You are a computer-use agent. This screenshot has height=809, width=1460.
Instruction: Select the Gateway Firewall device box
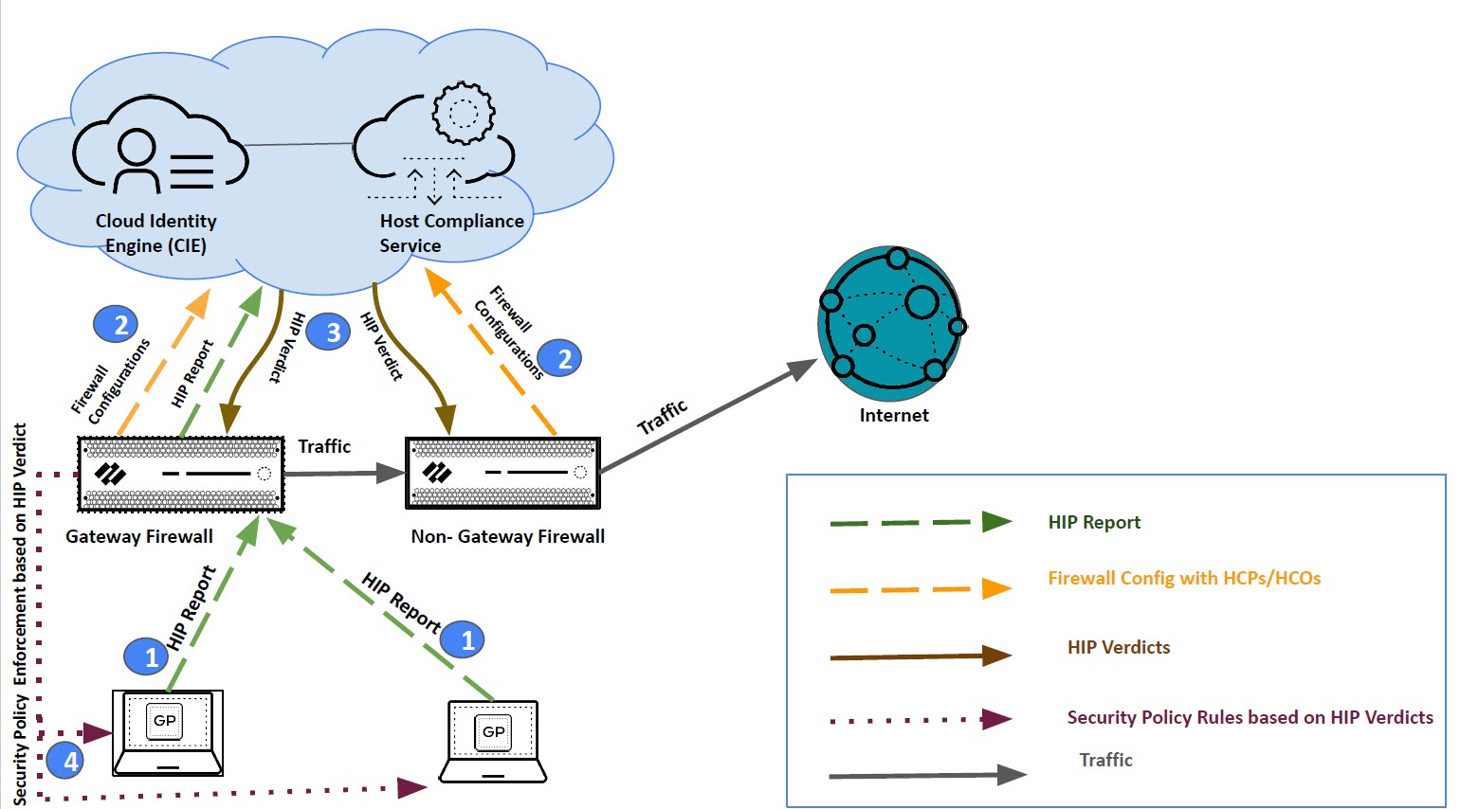(180, 474)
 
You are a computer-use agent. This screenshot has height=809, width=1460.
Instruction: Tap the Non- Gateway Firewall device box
(502, 473)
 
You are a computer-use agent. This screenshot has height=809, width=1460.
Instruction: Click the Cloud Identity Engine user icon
(137, 161)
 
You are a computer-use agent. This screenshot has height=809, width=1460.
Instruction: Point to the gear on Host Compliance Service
(463, 113)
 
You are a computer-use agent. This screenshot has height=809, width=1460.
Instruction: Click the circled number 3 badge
(332, 333)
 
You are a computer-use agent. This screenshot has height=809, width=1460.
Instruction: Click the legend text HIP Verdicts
(1119, 648)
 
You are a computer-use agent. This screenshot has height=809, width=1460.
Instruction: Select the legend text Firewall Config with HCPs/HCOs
(1184, 579)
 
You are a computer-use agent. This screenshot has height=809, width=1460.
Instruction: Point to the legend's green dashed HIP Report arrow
(920, 522)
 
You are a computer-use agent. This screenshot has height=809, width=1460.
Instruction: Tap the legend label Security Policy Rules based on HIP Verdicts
(1250, 718)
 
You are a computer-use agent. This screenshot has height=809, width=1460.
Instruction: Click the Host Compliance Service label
(451, 233)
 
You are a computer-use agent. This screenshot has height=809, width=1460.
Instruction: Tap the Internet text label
(894, 416)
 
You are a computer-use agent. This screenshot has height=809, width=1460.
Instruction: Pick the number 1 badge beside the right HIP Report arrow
(465, 640)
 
